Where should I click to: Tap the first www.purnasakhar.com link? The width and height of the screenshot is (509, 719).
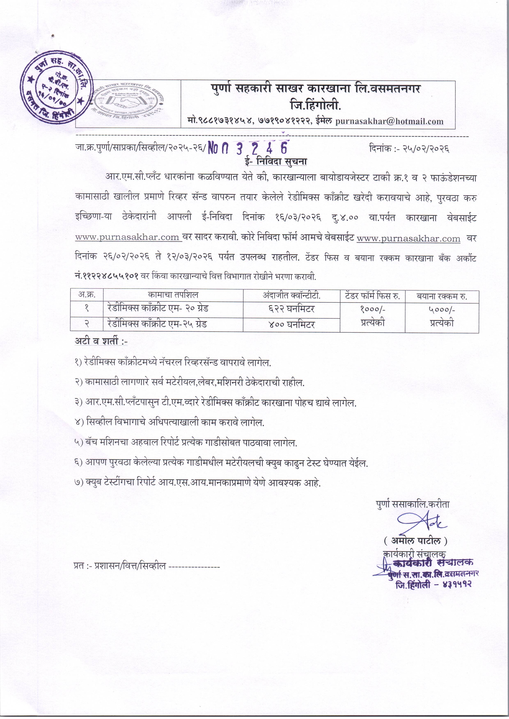pos(127,237)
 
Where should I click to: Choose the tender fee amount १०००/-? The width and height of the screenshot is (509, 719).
pos(372,309)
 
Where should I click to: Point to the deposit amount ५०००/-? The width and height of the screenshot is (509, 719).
pos(442,309)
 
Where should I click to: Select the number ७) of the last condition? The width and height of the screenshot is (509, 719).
pos(79,483)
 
